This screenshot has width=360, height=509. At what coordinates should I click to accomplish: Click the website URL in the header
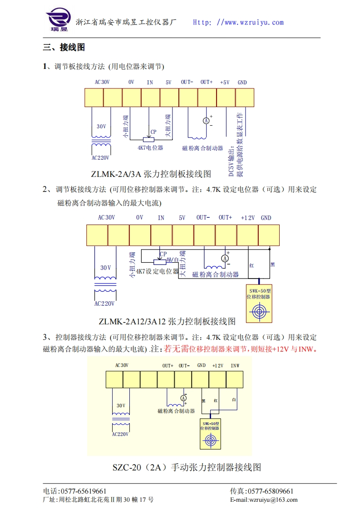[238, 22]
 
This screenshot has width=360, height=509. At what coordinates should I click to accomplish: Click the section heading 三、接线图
[64, 47]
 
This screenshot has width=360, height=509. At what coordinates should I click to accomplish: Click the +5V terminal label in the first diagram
[225, 83]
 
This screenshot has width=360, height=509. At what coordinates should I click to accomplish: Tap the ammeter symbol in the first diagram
[206, 121]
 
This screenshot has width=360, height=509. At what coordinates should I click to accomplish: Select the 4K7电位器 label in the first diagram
[150, 148]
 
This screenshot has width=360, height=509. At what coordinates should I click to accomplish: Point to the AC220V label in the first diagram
[101, 158]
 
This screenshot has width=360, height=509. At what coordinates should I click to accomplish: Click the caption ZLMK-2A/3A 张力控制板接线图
[151, 174]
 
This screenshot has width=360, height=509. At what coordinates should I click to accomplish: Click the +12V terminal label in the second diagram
[247, 218]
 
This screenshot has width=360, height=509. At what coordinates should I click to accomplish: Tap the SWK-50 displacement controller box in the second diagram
[259, 303]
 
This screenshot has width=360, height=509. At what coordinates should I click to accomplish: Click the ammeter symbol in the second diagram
[224, 258]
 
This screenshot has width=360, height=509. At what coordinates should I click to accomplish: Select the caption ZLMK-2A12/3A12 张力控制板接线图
[167, 322]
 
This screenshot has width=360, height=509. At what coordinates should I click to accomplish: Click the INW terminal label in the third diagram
[235, 366]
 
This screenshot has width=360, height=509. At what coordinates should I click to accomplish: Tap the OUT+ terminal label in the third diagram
[168, 366]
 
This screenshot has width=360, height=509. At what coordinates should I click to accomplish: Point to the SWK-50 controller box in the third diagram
[210, 435]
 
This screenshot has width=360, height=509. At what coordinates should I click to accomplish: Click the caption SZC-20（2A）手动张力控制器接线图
[187, 467]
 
